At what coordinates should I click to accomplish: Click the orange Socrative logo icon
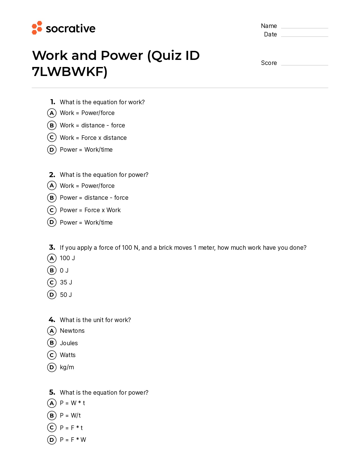pyautogui.click(x=37, y=28)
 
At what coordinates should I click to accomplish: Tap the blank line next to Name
pyautogui.click(x=304, y=27)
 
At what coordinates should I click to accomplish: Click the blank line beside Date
pyautogui.click(x=304, y=36)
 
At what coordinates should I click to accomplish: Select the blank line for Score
pyautogui.click(x=304, y=65)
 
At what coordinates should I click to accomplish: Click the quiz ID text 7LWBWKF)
pyautogui.click(x=69, y=71)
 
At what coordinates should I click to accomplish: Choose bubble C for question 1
pyautogui.click(x=52, y=137)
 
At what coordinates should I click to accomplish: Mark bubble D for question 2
pyautogui.click(x=52, y=222)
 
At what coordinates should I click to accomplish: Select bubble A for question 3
pyautogui.click(x=52, y=258)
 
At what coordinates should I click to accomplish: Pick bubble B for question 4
pyautogui.click(x=52, y=343)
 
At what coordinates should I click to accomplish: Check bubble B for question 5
pyautogui.click(x=52, y=415)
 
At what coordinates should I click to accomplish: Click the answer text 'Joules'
pyautogui.click(x=69, y=343)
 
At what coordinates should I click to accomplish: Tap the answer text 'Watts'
pyautogui.click(x=68, y=355)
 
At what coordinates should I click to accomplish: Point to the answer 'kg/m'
pyautogui.click(x=67, y=367)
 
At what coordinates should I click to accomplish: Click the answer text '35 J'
pyautogui.click(x=66, y=283)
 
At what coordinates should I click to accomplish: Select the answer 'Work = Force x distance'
pyautogui.click(x=93, y=138)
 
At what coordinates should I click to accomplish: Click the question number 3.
pyautogui.click(x=52, y=247)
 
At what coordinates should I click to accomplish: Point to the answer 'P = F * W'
pyautogui.click(x=73, y=440)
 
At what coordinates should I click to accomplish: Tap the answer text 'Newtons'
pyautogui.click(x=72, y=331)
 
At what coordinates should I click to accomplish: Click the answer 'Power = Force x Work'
pyautogui.click(x=90, y=210)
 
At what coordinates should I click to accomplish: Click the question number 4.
pyautogui.click(x=52, y=320)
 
